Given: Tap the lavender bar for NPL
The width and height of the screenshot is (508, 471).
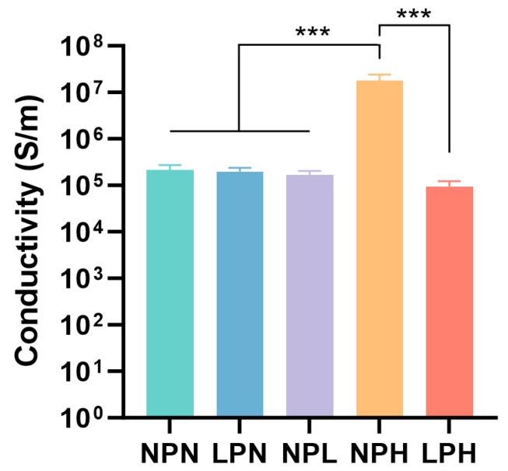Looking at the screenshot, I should [x=310, y=295].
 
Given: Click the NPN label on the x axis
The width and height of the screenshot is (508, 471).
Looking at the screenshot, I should [x=170, y=452].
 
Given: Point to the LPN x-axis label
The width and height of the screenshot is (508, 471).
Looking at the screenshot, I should [x=240, y=452].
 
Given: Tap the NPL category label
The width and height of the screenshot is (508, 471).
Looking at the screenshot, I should [x=310, y=452].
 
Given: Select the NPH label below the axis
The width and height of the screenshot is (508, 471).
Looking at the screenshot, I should [x=380, y=452].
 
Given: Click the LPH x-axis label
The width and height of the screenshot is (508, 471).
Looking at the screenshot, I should [x=450, y=452].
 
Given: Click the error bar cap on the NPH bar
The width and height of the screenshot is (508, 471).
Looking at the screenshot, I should [x=380, y=75].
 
